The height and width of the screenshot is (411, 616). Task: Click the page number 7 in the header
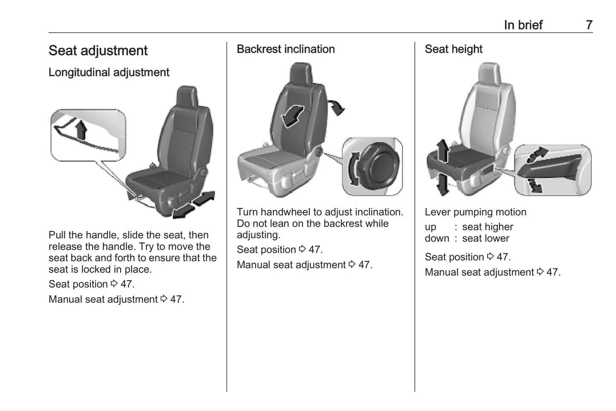pyautogui.click(x=589, y=25)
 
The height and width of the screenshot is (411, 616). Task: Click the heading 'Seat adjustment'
pyautogui.click(x=98, y=51)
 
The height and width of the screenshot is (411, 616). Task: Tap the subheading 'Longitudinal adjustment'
pyautogui.click(x=109, y=72)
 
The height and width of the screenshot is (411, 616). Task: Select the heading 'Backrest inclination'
pyautogui.click(x=286, y=49)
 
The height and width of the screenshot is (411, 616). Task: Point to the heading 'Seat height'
pyautogui.click(x=454, y=49)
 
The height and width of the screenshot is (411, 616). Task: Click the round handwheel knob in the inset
pyautogui.click(x=381, y=166)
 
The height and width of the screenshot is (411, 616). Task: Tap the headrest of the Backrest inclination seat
pyautogui.click(x=301, y=73)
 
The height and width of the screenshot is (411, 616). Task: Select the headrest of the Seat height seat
pyautogui.click(x=489, y=73)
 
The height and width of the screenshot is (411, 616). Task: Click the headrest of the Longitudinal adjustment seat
pyautogui.click(x=187, y=97)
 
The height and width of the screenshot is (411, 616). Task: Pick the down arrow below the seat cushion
pyautogui.click(x=443, y=184)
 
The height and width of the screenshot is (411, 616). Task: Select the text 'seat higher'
pyautogui.click(x=488, y=227)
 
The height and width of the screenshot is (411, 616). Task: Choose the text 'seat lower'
pyautogui.click(x=486, y=239)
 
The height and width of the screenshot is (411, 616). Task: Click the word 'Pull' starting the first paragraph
pyautogui.click(x=57, y=235)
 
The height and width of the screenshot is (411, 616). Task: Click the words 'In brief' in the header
pyautogui.click(x=523, y=25)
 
